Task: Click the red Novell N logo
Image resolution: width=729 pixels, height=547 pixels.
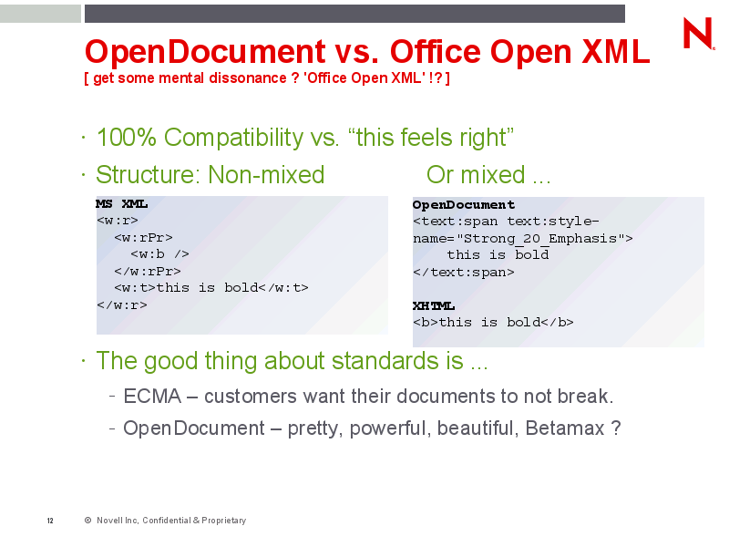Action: pos(697,33)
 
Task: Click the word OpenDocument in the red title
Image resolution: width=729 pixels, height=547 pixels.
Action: pos(205,51)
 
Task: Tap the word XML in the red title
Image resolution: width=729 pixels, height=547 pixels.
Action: pos(616,51)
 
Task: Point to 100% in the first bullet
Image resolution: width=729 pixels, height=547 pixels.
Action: pos(126,138)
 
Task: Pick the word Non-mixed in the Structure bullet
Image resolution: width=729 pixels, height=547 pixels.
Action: pos(266,175)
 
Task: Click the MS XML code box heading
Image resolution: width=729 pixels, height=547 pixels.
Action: pos(122,203)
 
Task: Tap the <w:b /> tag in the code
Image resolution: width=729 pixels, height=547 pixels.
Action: pos(160,254)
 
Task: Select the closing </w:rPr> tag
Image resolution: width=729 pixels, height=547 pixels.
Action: pos(148,271)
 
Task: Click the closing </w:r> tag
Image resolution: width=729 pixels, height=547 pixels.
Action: pos(122,305)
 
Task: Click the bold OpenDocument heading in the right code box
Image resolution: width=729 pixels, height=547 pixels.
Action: pos(464,204)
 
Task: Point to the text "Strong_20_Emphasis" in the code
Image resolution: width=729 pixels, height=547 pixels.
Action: pos(539,239)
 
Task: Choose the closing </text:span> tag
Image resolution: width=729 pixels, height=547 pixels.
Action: pos(464,272)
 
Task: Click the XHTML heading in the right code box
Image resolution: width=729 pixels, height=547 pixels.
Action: pos(434,305)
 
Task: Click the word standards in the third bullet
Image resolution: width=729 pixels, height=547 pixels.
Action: pos(397,361)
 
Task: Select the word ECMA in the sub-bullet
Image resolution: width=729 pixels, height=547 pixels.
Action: pos(152,397)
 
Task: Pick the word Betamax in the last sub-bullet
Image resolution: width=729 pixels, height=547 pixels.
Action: pos(565,428)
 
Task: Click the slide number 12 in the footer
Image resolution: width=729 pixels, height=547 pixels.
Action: pos(50,521)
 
